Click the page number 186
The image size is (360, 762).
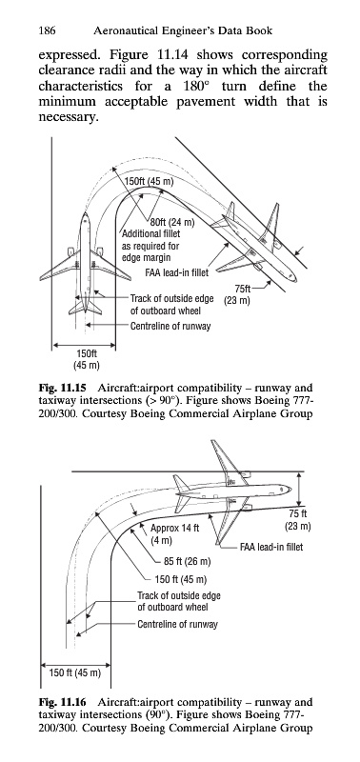click(47, 31)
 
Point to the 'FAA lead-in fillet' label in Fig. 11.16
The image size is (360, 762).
click(271, 547)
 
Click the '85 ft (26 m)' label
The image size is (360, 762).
click(187, 562)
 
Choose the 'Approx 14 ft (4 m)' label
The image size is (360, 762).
click(175, 534)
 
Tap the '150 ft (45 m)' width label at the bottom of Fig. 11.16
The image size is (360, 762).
click(75, 673)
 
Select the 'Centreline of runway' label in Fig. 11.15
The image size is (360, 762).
click(170, 326)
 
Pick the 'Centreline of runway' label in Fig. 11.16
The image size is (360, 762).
click(177, 624)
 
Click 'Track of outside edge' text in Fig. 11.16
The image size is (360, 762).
click(179, 595)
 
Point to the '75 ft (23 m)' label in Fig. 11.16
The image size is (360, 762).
click(297, 520)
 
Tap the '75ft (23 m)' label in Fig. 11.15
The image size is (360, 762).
click(237, 295)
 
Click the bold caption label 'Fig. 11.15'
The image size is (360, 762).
click(62, 389)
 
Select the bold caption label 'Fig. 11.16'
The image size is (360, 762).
click(62, 702)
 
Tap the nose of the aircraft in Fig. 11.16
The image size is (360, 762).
click(290, 489)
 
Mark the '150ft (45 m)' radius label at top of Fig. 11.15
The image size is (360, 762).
click(150, 182)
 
